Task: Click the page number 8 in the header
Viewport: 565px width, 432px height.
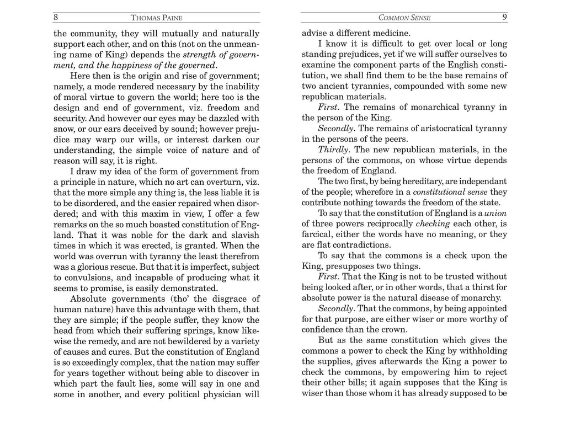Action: pyautogui.click(x=56, y=17)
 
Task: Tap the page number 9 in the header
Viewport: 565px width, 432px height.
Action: pyautogui.click(x=504, y=17)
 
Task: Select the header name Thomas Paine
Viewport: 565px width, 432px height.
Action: pyautogui.click(x=157, y=18)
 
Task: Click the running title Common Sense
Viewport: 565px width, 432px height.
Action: pyautogui.click(x=404, y=18)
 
